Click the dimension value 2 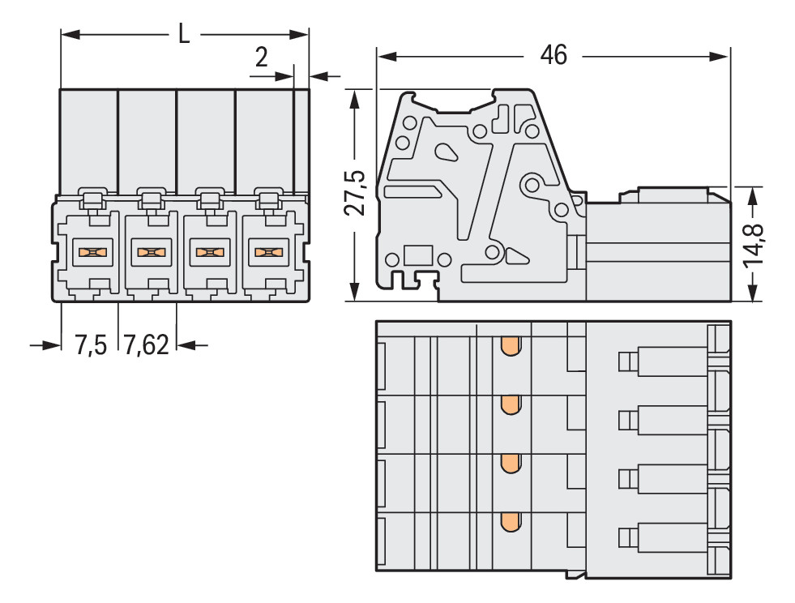point(261,58)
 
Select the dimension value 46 point(554,55)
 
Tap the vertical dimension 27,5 point(354,193)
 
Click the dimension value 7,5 point(91,346)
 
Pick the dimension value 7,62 point(147,346)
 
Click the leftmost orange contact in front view point(92,252)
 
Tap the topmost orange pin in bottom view point(510,347)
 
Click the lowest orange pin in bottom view point(510,523)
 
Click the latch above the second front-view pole point(151,198)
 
